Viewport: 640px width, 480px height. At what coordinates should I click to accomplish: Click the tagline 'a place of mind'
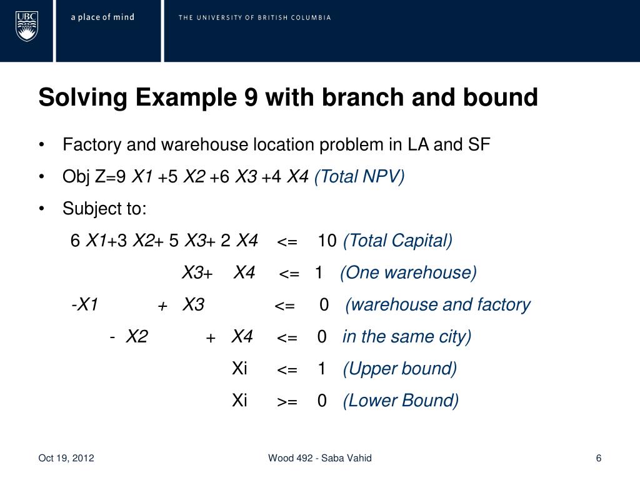[102, 17]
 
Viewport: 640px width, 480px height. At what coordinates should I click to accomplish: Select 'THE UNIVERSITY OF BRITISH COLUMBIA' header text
[254, 17]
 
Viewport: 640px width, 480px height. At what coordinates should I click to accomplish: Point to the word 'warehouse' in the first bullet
[205, 145]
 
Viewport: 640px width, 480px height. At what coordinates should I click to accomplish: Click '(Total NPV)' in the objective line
[359, 177]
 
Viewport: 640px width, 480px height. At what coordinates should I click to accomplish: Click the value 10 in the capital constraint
[327, 241]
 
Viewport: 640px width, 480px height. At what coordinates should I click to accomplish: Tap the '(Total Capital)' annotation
[397, 241]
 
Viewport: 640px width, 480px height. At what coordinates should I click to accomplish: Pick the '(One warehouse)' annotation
[408, 272]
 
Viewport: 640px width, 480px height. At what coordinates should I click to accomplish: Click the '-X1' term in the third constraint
[85, 305]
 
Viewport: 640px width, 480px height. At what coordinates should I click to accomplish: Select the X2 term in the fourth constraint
[136, 337]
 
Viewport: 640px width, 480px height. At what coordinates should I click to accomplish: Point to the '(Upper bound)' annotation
[399, 369]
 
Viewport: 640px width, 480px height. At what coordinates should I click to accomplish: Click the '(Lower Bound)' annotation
[401, 401]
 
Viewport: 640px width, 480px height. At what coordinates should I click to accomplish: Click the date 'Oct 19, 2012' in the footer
[66, 458]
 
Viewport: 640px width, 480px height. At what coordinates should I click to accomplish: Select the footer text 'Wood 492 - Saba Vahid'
[320, 458]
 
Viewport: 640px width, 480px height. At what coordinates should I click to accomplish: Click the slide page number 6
[599, 458]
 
